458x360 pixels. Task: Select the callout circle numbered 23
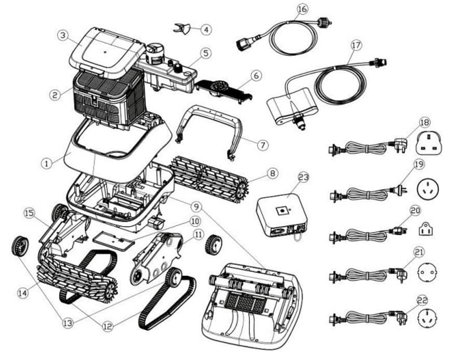pyautogui.click(x=304, y=177)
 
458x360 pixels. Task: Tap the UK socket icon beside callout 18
pyautogui.click(x=429, y=144)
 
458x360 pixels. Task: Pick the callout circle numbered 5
pyautogui.click(x=205, y=53)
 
